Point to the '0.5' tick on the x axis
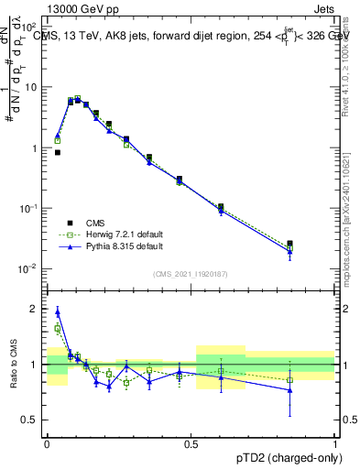(x=191, y=442)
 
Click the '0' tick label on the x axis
(x=47, y=442)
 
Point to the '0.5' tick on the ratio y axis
(x=29, y=420)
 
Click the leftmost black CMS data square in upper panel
(x=58, y=153)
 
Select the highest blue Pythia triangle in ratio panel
(x=58, y=312)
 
